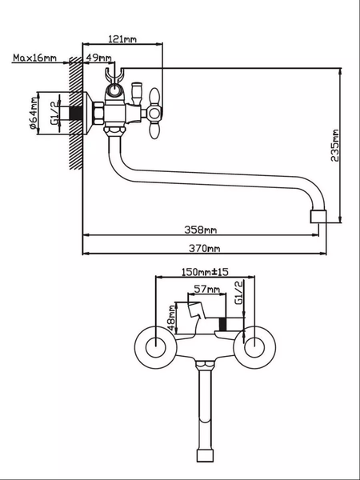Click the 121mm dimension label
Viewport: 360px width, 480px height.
coord(122,38)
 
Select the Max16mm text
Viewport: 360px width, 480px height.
coord(34,58)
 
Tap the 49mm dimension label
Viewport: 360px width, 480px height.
coord(99,58)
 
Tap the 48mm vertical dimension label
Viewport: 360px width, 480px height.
coord(171,317)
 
